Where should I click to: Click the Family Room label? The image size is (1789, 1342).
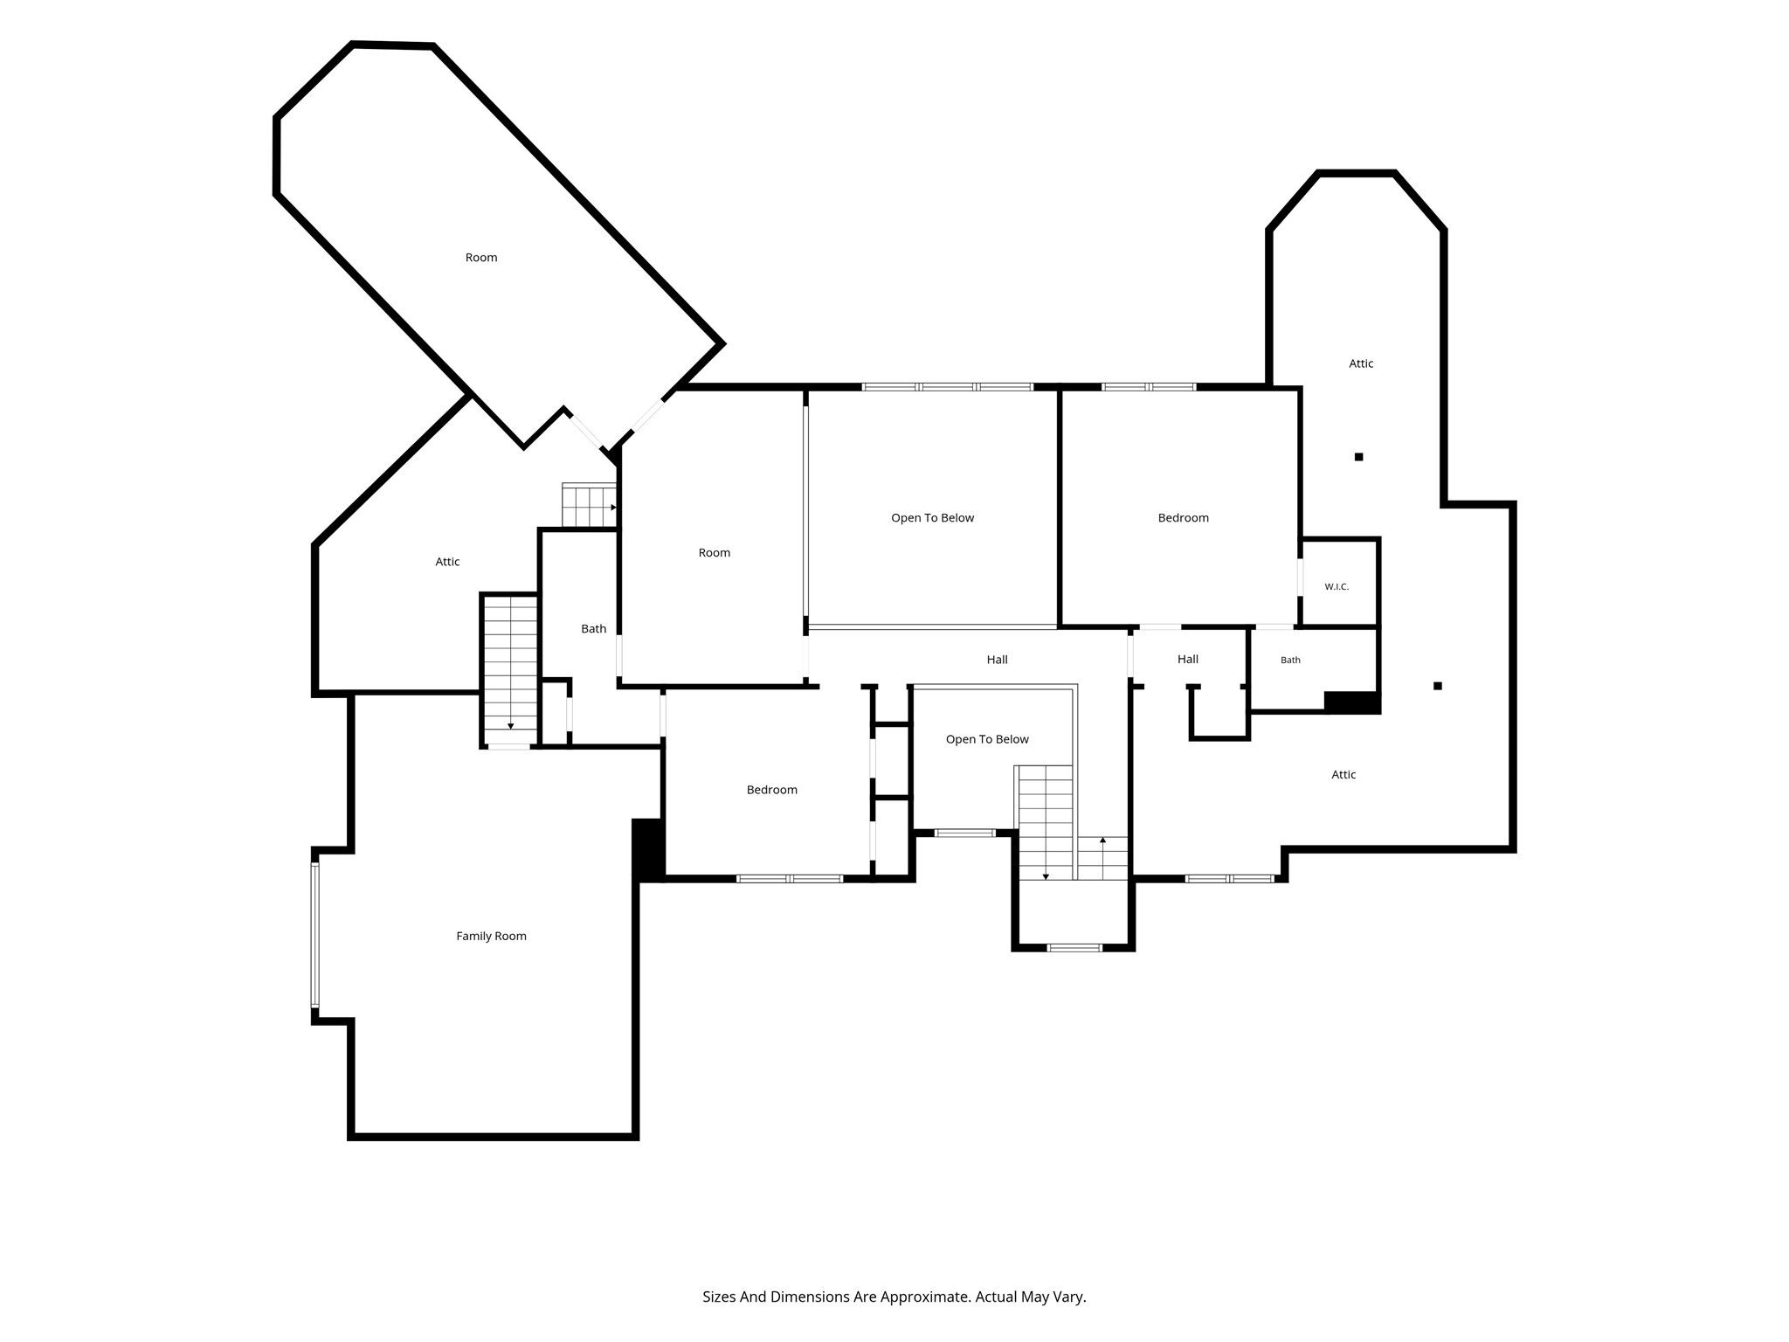491,936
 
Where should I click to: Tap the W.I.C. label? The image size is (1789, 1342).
1337,586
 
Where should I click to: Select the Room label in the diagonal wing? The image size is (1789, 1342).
481,257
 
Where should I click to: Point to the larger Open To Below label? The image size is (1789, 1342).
932,518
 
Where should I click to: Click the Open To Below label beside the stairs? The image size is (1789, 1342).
987,739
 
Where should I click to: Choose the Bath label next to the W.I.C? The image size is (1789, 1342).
1290,660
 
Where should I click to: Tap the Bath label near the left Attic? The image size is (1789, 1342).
593,628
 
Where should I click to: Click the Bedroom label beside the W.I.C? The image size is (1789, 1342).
1183,518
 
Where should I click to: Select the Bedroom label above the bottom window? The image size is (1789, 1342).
771,790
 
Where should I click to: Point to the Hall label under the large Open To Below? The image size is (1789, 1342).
997,660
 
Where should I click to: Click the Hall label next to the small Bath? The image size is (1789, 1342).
1187,659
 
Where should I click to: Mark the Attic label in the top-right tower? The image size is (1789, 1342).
1361,363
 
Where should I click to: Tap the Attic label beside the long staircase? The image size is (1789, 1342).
447,562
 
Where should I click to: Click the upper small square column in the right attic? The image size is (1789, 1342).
1358,457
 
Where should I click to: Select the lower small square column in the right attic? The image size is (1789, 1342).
1437,686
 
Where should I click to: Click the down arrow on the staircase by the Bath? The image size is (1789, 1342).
511,726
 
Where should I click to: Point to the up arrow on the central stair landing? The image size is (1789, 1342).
1102,840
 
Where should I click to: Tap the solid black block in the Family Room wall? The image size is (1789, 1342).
648,849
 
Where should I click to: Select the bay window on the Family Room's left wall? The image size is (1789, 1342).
315,935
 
